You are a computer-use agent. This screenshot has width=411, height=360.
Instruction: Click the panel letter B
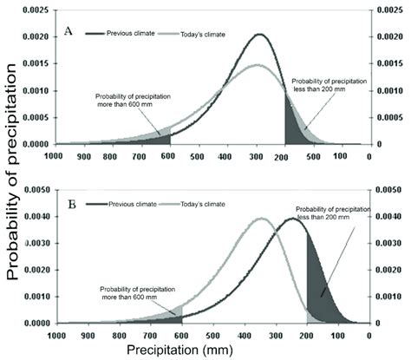(67, 204)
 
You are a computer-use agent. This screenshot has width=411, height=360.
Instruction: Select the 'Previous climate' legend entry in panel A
(129, 33)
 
